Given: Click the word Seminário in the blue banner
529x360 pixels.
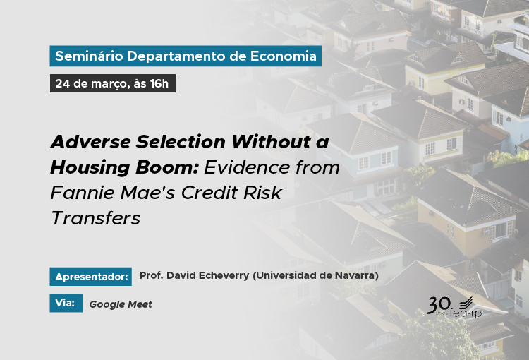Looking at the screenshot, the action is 89,56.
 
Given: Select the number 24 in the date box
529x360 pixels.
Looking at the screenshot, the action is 62,83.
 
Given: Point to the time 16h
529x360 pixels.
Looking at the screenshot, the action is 159,83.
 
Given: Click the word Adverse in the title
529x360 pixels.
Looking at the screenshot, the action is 90,141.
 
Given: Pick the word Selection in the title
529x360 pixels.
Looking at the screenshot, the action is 181,141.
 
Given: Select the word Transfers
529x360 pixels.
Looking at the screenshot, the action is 95,218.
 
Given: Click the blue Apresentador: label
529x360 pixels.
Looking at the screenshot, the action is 91,277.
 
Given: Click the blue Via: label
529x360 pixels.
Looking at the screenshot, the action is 66,303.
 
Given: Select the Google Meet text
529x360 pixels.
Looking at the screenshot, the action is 121,304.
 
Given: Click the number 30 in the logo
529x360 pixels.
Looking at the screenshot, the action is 439,305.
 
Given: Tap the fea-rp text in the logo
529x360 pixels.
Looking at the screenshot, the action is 466,313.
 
